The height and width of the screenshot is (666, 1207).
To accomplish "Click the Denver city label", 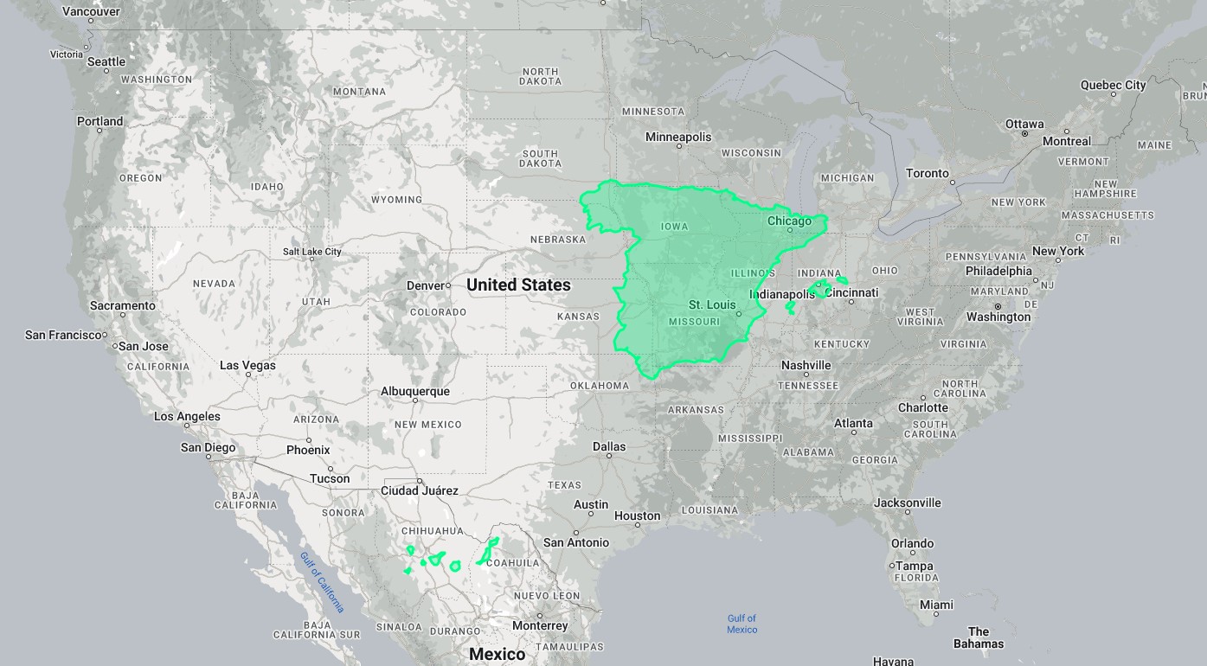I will (425, 285).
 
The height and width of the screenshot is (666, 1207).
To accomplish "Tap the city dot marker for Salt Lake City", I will (312, 260).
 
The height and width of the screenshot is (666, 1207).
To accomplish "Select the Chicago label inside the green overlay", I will (789, 221).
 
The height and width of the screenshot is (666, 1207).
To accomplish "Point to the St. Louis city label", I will (712, 305).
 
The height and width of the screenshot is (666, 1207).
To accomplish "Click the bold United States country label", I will (518, 285).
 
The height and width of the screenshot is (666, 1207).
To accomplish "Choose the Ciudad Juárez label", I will (420, 490).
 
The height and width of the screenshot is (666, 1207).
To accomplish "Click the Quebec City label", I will (1113, 85).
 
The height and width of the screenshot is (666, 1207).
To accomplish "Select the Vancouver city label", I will (91, 12).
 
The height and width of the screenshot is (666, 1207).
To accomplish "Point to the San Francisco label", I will (63, 335).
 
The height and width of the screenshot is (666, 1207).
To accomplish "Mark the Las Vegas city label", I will (247, 365).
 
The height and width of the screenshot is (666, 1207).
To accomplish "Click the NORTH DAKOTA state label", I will (540, 76).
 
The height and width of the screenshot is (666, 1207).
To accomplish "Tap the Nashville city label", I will (806, 365).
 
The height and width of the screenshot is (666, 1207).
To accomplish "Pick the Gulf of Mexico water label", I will (742, 624).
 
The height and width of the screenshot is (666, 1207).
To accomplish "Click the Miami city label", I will (937, 605).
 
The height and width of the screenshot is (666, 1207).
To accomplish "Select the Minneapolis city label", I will (678, 137).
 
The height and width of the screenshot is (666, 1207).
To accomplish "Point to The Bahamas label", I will (979, 637).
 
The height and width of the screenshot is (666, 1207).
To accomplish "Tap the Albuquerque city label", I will (415, 391).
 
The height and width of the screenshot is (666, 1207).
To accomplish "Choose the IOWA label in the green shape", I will (674, 227).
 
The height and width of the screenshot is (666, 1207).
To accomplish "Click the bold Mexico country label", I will (497, 654).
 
